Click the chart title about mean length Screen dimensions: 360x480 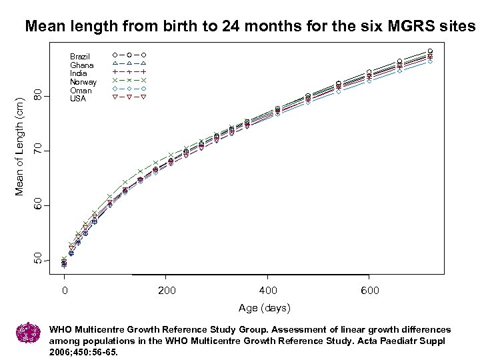point(249,27)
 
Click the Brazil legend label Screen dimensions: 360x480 point(80,57)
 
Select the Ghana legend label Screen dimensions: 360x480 point(82,65)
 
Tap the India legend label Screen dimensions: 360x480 point(79,73)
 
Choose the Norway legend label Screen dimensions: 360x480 point(83,82)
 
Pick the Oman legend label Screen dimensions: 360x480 point(81,91)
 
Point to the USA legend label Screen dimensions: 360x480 point(79,99)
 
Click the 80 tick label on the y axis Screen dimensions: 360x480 point(39,95)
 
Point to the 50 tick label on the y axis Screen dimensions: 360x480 point(39,259)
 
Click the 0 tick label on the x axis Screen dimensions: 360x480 point(65,291)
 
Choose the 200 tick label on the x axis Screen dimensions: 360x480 point(167,291)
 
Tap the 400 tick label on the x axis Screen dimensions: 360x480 point(268,291)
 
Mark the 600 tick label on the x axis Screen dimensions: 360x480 point(369,291)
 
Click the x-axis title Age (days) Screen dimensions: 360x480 point(265,308)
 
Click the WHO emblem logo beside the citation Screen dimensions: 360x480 point(28,333)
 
